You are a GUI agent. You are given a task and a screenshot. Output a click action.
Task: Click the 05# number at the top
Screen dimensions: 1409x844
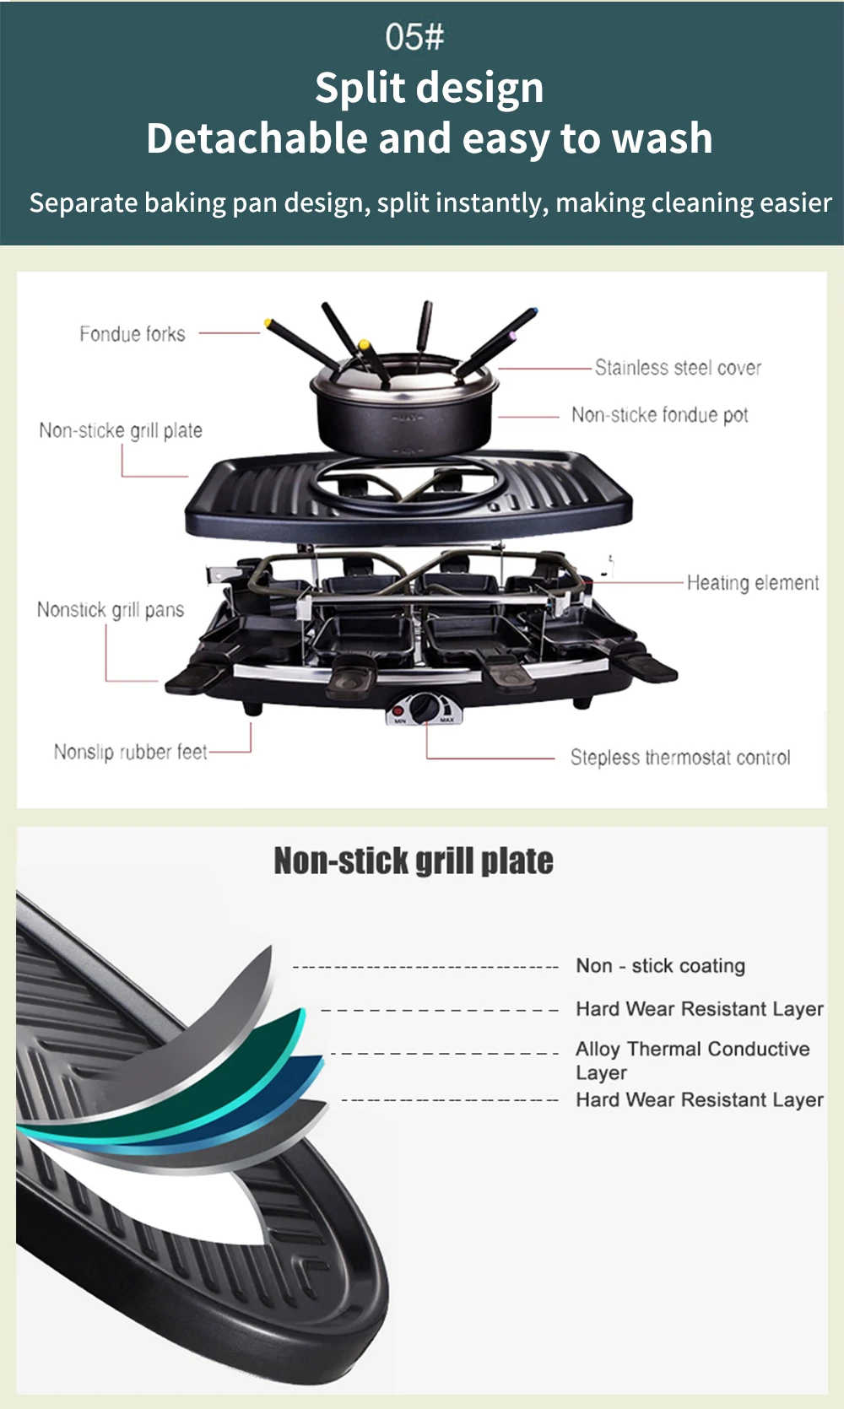click(x=414, y=36)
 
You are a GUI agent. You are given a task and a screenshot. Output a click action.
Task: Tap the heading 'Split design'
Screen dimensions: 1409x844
click(x=429, y=88)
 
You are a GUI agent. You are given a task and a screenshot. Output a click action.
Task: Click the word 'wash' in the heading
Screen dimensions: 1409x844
click(x=663, y=138)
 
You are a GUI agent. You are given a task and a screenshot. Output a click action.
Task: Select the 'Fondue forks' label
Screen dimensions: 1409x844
click(x=133, y=334)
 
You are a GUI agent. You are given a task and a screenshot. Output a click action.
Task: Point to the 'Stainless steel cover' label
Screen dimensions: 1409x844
click(x=678, y=368)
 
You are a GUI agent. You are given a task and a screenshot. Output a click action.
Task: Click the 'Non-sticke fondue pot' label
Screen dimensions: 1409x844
click(x=659, y=415)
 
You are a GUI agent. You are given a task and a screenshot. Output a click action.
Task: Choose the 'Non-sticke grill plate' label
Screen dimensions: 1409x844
click(x=121, y=430)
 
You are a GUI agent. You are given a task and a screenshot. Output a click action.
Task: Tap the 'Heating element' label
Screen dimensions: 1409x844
click(x=752, y=583)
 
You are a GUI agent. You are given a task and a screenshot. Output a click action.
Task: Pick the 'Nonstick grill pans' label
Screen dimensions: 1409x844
click(x=111, y=610)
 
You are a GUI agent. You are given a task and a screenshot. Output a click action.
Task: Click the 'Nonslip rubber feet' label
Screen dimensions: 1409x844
click(x=131, y=752)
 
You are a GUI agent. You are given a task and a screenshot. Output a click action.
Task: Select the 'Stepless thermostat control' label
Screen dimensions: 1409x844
click(x=680, y=758)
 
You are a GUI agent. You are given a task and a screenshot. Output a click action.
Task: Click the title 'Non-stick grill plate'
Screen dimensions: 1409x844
click(x=414, y=861)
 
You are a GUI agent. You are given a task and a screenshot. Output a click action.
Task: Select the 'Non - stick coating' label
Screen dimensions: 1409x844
click(x=660, y=966)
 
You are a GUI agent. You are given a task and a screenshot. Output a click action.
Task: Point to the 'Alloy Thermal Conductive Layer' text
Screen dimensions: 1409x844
click(x=692, y=1060)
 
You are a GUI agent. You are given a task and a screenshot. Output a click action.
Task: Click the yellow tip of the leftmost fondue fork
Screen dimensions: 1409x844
click(x=268, y=322)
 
